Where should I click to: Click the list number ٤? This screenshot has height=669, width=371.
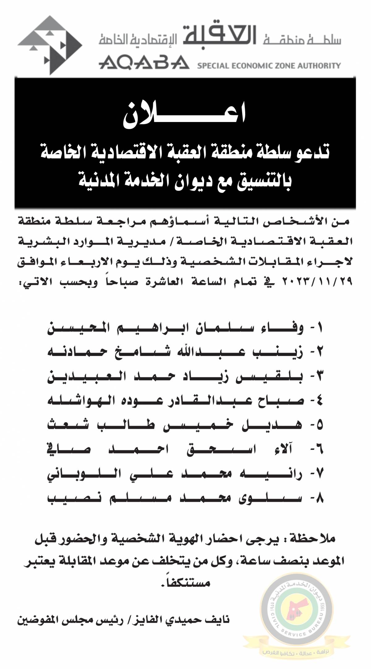pyautogui.click(x=318, y=402)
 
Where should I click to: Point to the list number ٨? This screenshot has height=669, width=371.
pyautogui.click(x=318, y=499)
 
